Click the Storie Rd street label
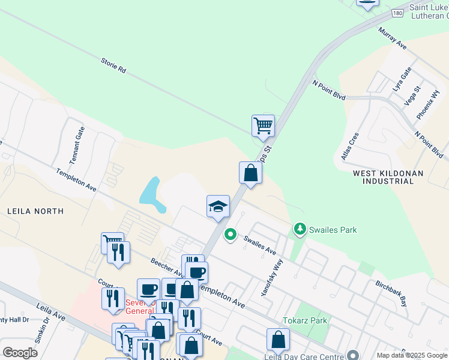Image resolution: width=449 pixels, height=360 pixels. click(113, 65)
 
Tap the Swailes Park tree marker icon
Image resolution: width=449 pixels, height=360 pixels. click(299, 229)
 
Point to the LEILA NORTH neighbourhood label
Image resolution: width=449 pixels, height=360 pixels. click(35, 211)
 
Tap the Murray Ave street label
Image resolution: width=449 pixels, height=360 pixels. click(393, 37)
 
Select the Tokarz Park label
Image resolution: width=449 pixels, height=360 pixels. click(306, 320)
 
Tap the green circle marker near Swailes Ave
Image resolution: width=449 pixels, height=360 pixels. click(230, 234)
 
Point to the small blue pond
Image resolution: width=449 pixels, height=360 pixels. click(152, 195)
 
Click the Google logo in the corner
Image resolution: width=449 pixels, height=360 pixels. click(20, 352)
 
